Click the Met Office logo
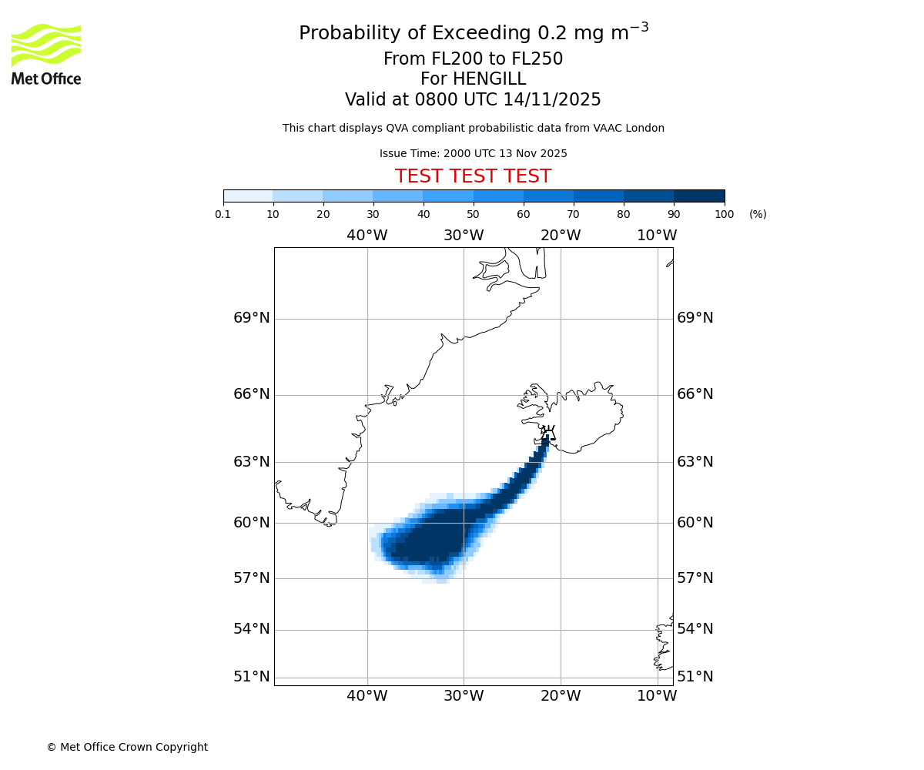coord(46,54)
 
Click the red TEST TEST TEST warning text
coord(473,177)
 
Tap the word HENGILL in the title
coord(488,79)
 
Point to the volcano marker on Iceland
coord(547,432)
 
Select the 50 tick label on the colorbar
coord(473,214)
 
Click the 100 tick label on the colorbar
coord(724,214)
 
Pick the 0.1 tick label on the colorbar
coord(223,214)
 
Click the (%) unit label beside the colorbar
coord(758,214)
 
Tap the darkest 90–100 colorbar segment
coord(699,196)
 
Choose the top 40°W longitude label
coord(367,236)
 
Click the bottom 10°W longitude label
coord(657,696)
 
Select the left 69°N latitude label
coord(252,318)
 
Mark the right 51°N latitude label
coord(695,677)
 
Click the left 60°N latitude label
coord(252,523)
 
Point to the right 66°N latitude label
coord(695,394)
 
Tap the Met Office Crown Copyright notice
coord(127,747)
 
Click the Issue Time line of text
coord(473,154)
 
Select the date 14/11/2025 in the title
coord(552,100)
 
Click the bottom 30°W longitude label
coord(464,696)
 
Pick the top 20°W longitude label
coord(560,236)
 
